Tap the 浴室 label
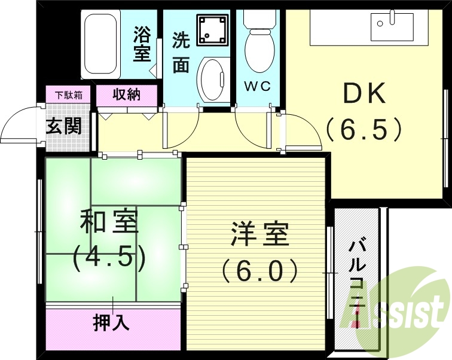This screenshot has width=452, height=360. [x=142, y=44]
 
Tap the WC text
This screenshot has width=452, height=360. [x=258, y=86]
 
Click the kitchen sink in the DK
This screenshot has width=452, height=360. [x=388, y=25]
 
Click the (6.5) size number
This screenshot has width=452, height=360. [x=363, y=128]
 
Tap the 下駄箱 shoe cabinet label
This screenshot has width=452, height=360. [x=69, y=94]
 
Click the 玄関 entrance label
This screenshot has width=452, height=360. [x=64, y=127]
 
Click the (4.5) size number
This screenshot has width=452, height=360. [x=109, y=257]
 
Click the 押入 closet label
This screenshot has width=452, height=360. [x=111, y=323]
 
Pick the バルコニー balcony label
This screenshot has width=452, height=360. [x=358, y=279]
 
